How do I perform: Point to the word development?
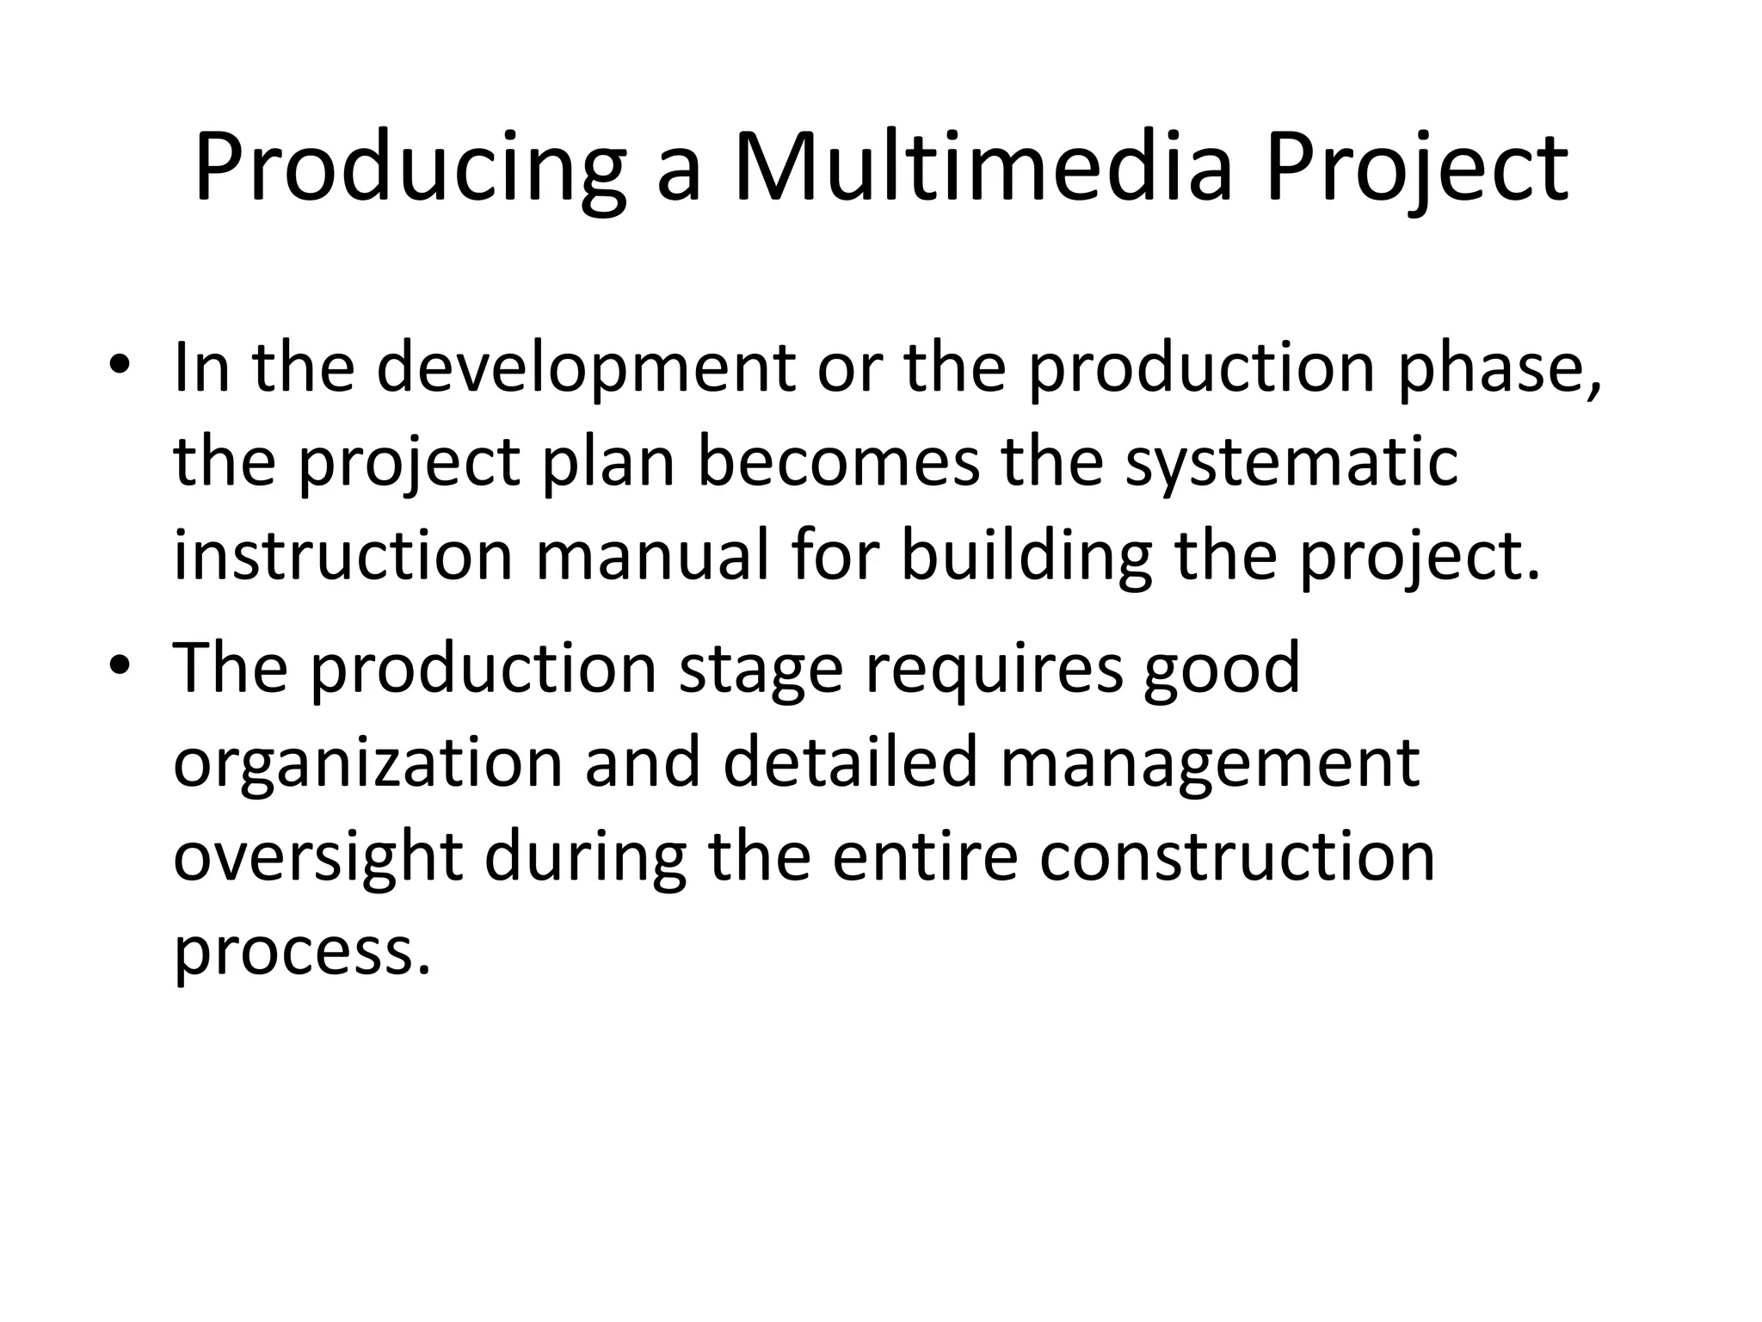(x=585, y=368)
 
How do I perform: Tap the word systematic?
(x=1291, y=462)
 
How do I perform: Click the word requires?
(x=994, y=670)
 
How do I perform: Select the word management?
(x=1209, y=763)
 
